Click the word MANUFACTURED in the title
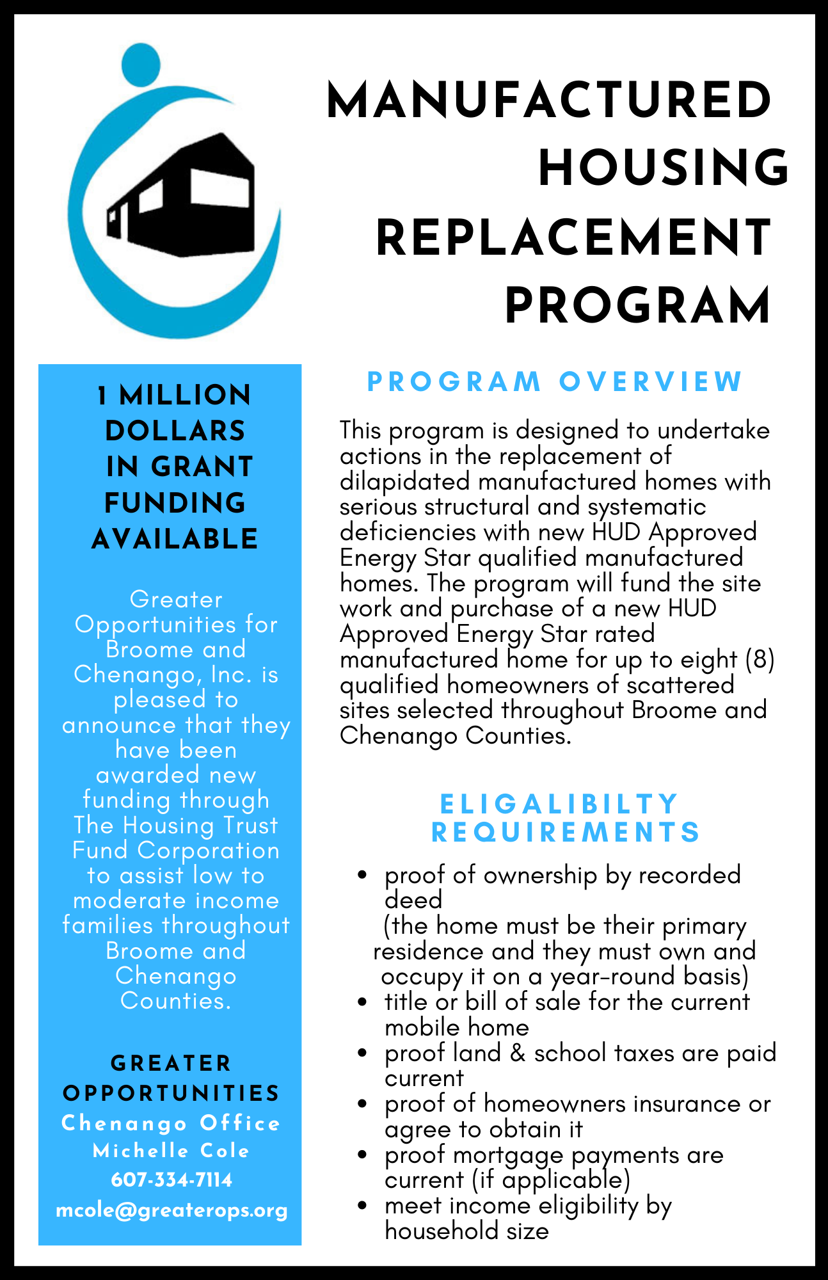[549, 100]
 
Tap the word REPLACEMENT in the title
[573, 238]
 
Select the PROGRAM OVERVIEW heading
[554, 382]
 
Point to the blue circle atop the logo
[141, 63]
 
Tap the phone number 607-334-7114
[171, 1180]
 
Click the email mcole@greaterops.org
[171, 1210]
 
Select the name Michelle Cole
[171, 1151]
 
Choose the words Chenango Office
[171, 1123]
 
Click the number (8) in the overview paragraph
[760, 659]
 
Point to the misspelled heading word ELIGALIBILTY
[559, 804]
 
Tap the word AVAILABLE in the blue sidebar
[175, 539]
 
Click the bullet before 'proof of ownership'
[362, 875]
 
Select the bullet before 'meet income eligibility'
[362, 1206]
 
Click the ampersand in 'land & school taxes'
[518, 1053]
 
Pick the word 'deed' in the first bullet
[413, 900]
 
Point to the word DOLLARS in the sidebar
[175, 431]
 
